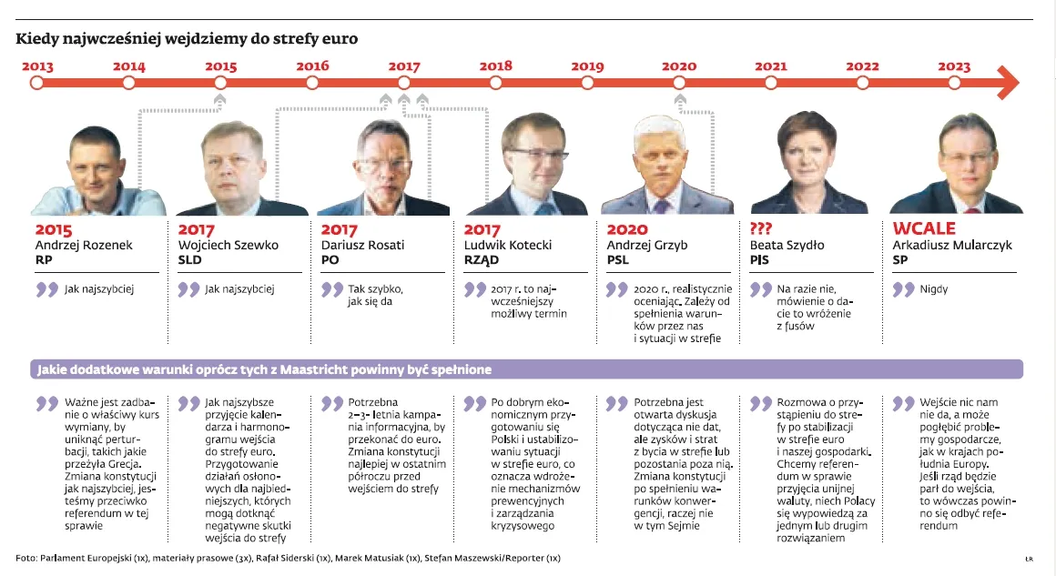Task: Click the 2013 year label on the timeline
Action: pos(36,66)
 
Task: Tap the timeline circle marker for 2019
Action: pos(587,83)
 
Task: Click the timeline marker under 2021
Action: pos(771,83)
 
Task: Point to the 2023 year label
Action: pos(954,66)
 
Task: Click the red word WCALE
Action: pos(924,229)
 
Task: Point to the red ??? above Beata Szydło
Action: pos(763,229)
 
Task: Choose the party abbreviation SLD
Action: pos(191,260)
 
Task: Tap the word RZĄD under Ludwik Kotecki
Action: pos(482,260)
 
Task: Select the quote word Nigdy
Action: pos(934,289)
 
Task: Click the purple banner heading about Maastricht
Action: pos(264,369)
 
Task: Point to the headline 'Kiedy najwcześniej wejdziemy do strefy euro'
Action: pos(187,39)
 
